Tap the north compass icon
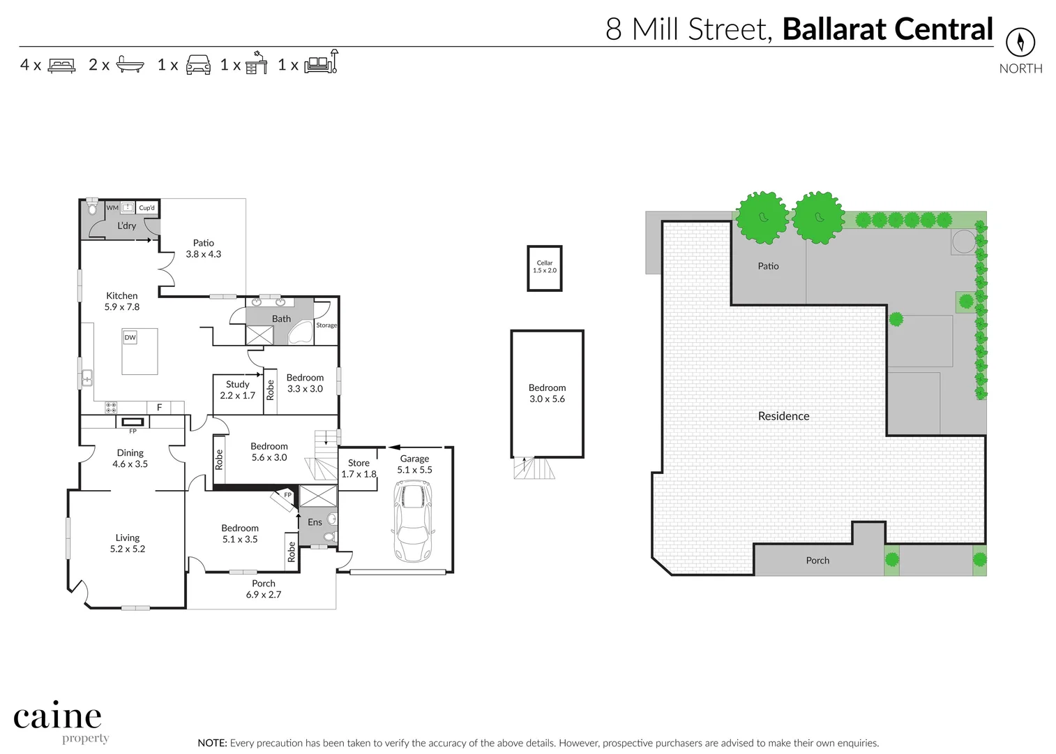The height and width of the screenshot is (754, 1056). [1020, 43]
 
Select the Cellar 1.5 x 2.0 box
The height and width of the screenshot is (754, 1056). [544, 267]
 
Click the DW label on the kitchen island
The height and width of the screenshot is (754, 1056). [130, 337]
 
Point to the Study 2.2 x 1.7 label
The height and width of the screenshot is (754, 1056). [237, 390]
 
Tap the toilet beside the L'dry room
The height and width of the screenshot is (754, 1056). [92, 209]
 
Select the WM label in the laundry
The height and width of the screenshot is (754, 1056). [112, 207]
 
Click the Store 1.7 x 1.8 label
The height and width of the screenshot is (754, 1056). [359, 468]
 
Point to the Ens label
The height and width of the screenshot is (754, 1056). [315, 522]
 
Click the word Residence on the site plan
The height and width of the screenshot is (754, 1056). [783, 416]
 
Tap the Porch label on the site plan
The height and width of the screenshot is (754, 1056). [817, 561]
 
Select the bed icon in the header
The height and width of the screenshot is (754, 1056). [62, 66]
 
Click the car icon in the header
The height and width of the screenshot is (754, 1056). [198, 65]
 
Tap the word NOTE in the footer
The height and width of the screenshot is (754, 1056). [212, 743]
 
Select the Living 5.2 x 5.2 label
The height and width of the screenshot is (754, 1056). [128, 543]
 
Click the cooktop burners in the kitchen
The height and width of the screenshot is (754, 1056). [111, 407]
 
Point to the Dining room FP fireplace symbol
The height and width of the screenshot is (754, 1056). [133, 422]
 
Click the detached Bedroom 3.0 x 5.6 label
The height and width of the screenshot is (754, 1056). [547, 393]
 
